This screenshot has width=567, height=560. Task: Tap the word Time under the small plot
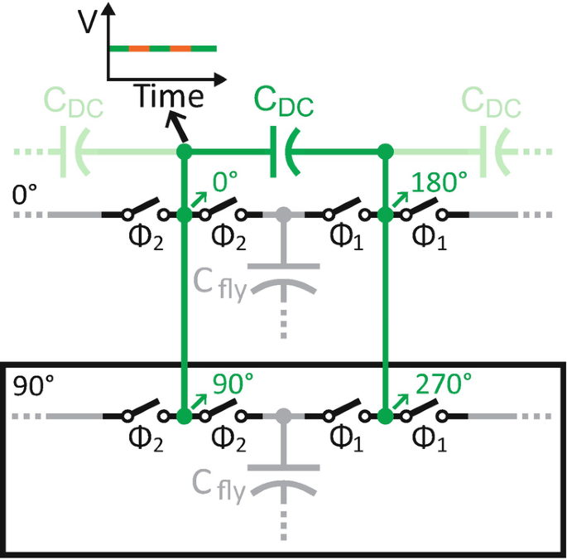170,97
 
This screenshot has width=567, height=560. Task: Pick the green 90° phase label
232,383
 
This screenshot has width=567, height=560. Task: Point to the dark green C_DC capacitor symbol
281,153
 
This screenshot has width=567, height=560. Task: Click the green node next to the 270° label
385,415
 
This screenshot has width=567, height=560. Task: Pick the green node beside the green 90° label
185,415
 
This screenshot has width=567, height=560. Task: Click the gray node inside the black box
284,415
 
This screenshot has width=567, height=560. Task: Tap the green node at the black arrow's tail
185,152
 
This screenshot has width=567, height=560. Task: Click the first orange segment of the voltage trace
139,49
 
